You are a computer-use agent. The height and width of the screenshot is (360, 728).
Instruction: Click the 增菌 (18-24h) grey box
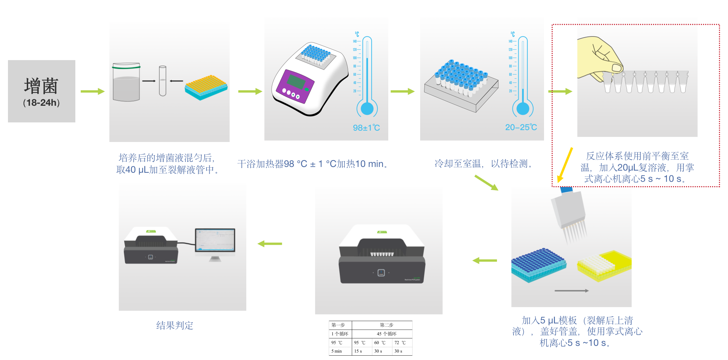[x=41, y=91]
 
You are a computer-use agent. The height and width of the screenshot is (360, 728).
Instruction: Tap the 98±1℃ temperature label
[x=366, y=128]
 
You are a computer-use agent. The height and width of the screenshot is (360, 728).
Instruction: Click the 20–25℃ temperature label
[x=521, y=127]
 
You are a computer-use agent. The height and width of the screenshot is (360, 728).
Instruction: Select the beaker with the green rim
[x=126, y=83]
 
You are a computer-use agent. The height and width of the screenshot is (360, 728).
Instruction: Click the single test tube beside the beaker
[x=163, y=81]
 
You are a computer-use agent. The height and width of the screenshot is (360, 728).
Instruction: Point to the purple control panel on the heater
[x=294, y=86]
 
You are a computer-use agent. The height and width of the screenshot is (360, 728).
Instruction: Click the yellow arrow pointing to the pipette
[x=565, y=165]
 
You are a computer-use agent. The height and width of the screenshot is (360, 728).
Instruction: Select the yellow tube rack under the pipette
[x=604, y=266]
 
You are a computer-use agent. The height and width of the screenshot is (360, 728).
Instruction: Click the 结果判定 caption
[x=175, y=326]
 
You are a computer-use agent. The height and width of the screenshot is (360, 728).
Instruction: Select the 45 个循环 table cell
[x=386, y=334]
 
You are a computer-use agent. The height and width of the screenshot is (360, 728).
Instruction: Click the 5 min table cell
[x=337, y=351]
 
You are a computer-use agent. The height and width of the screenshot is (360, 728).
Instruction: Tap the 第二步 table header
[x=386, y=325]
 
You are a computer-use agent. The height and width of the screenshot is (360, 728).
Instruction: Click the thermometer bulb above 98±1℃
[x=367, y=109]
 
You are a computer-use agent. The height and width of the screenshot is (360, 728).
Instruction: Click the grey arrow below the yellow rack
[x=571, y=291]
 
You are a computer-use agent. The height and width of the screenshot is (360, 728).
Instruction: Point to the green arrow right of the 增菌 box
[x=92, y=92]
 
